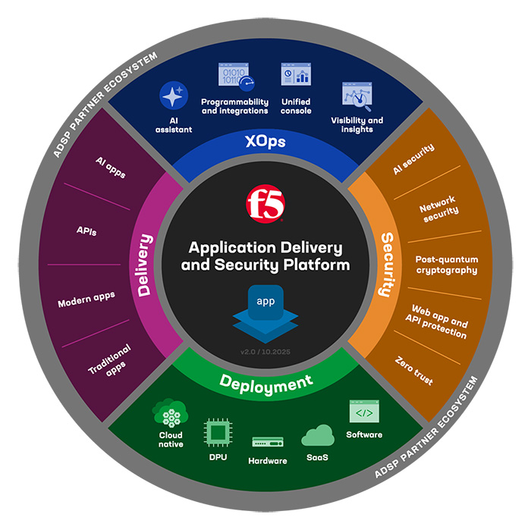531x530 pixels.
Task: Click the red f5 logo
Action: click(265, 203)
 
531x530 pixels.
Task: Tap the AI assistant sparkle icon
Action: click(174, 96)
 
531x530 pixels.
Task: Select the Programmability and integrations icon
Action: click(236, 77)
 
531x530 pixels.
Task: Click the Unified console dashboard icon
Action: click(296, 74)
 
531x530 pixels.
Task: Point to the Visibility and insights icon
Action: click(357, 96)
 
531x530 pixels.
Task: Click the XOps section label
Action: click(265, 141)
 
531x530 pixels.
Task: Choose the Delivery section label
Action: click(145, 265)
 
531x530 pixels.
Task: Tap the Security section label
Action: click(388, 265)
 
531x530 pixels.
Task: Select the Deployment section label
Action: click(265, 384)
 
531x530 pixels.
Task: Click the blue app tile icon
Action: click(265, 313)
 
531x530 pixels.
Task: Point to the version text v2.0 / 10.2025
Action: click(265, 352)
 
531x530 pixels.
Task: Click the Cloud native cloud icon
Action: click(170, 413)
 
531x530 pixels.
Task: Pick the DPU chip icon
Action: click(218, 432)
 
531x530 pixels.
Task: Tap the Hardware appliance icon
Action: click(268, 442)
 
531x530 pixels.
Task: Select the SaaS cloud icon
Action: click(318, 435)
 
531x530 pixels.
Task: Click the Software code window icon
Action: click(364, 411)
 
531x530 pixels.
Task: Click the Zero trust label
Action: click(414, 371)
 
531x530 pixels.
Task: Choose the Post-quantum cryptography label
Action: click(447, 265)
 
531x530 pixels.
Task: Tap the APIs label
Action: click(86, 231)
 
